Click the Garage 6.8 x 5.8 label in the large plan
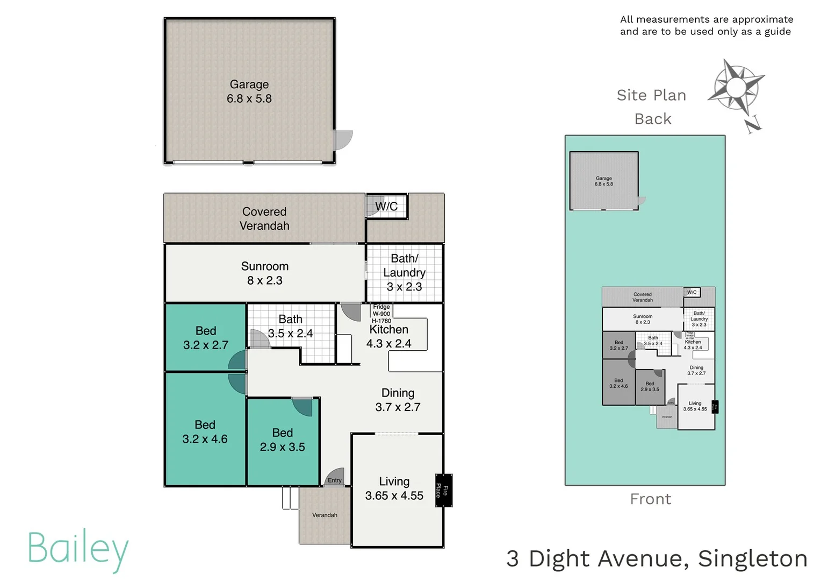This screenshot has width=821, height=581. click(249, 91)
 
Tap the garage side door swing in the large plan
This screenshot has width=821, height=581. click(343, 140)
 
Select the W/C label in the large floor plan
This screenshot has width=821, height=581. click(386, 206)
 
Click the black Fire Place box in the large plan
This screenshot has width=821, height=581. click(443, 490)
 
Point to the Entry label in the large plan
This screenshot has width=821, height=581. click(334, 480)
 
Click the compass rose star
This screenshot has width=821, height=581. click(736, 86)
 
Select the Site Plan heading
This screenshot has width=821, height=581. click(651, 95)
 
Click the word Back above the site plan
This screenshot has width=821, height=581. click(653, 119)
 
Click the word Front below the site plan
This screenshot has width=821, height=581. click(651, 499)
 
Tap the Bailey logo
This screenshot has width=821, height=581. click(78, 549)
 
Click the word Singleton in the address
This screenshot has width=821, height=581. click(752, 558)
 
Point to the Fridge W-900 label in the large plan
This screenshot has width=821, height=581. click(381, 310)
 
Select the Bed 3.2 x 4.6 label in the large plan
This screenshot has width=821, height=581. click(205, 432)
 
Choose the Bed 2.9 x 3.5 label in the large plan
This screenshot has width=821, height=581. click(282, 440)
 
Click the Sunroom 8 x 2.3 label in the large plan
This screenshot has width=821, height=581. click(264, 273)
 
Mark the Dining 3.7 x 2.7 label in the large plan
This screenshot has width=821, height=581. click(398, 400)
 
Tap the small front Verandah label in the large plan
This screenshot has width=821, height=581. click(325, 515)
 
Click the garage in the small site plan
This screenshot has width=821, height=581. click(604, 181)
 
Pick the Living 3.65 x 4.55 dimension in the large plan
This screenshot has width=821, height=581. click(394, 495)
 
